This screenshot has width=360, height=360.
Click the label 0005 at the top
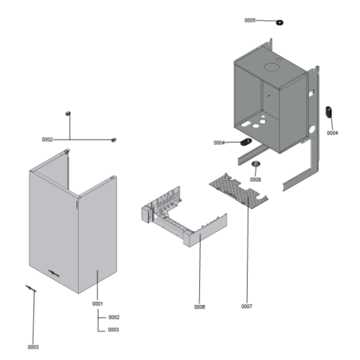250,20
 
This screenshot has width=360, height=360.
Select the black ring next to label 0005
280,22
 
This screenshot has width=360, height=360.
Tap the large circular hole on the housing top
270,70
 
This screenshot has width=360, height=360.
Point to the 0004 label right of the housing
332,133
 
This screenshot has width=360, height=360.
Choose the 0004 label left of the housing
219,143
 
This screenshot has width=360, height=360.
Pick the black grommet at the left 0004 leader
244,143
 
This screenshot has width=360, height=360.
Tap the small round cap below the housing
256,165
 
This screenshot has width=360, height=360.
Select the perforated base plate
239,191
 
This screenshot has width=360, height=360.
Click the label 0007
247,306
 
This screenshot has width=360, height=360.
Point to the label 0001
98,303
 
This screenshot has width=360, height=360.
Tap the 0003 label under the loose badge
33,346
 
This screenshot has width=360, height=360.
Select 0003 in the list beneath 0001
114,329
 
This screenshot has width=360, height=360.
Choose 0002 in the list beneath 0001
114,317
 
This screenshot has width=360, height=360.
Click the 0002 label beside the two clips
47,139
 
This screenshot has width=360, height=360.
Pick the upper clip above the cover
69,113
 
